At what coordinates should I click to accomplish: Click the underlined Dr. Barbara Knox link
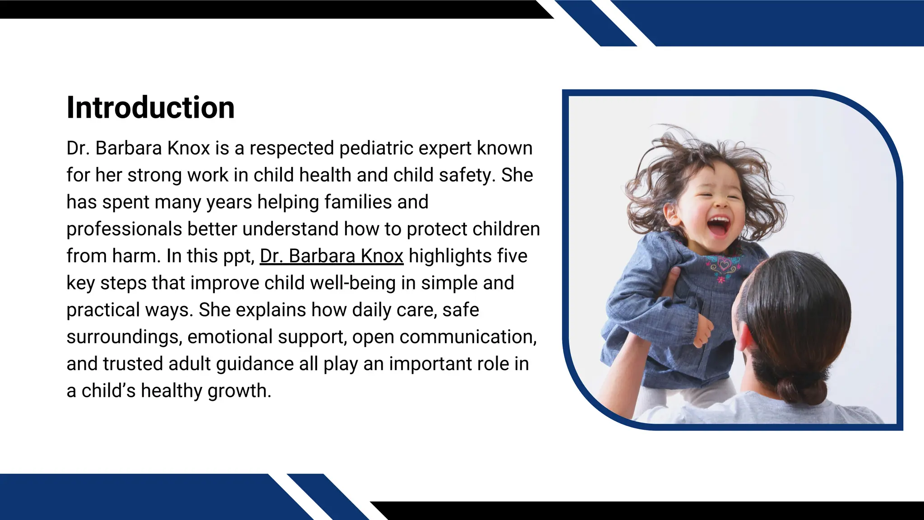click(332, 256)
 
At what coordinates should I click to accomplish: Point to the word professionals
click(124, 229)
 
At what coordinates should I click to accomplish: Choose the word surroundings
click(124, 337)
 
